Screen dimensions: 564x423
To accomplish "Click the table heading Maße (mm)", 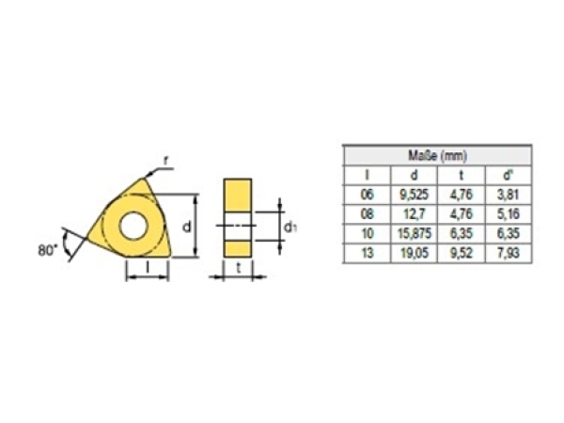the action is click(x=437, y=156).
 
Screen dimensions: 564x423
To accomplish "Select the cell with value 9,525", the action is click(x=414, y=195).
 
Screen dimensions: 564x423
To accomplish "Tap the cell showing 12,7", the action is click(x=414, y=214).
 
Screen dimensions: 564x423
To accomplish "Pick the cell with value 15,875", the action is click(x=414, y=233).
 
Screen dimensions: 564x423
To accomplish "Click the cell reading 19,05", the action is click(x=415, y=253).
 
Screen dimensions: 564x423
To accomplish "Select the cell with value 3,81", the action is click(x=509, y=195).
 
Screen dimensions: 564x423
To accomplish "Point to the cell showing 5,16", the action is click(x=509, y=214).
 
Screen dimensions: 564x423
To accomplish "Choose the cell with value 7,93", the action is click(x=509, y=253).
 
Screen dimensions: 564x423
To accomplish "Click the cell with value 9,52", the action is click(x=462, y=253).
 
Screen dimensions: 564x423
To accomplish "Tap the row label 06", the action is click(x=367, y=195).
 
